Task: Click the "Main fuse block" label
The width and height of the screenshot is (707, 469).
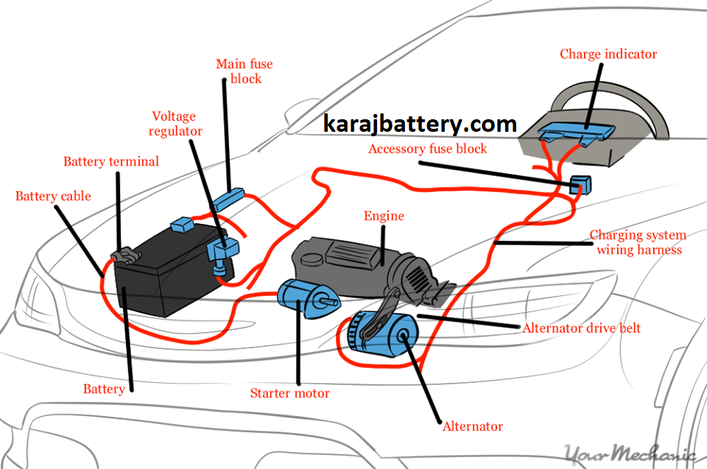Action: point(239,71)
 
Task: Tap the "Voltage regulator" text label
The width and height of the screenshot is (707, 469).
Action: point(175,124)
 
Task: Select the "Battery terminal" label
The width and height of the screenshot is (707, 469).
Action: point(110,161)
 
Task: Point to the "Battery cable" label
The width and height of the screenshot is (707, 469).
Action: point(53,196)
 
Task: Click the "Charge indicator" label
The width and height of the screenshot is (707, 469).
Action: point(608,54)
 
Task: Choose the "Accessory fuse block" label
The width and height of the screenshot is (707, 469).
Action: point(428,149)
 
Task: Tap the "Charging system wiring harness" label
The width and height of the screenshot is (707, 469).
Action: point(638,242)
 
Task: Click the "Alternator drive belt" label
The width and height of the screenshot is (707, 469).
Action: point(581,328)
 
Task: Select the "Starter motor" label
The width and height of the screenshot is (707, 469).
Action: point(289,393)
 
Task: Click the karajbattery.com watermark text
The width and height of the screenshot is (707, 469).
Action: point(421,124)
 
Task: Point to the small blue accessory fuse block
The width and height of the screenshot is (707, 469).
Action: point(581,184)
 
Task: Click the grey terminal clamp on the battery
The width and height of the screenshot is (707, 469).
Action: point(124,255)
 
